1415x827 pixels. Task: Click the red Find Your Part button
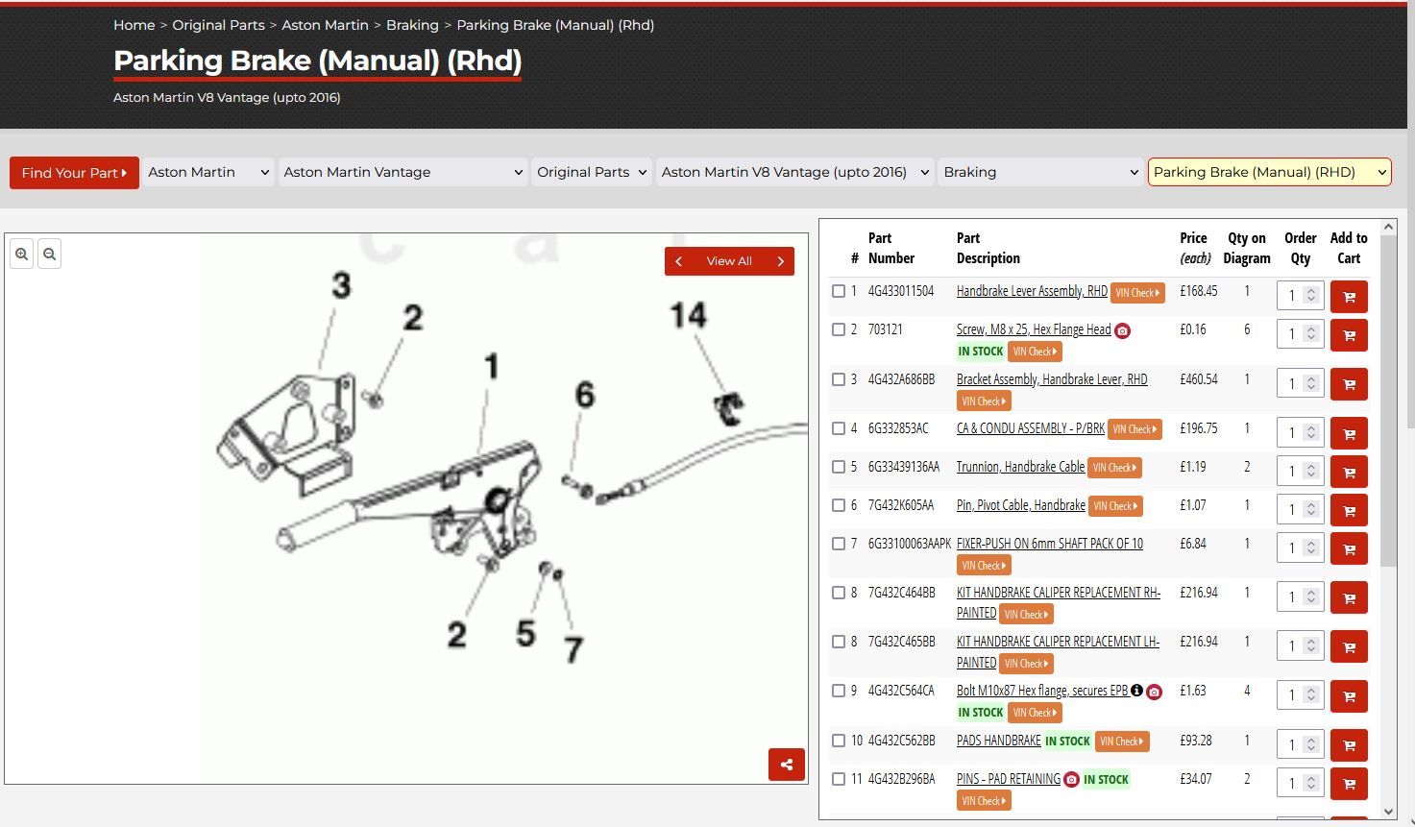[x=74, y=173]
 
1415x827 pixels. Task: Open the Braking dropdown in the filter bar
[x=1040, y=172]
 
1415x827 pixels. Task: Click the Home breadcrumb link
[x=134, y=25]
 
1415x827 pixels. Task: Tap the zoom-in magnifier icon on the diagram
[x=21, y=254]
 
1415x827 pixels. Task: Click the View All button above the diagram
[x=729, y=261]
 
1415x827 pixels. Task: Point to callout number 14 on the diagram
[x=688, y=315]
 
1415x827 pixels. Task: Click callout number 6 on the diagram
[x=585, y=394]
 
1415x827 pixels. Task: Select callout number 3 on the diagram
[x=341, y=285]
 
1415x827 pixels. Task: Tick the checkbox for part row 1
[x=839, y=291]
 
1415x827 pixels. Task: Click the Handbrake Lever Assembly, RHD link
[x=1032, y=291]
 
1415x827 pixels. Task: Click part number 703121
[x=885, y=329]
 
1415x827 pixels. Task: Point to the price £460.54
[x=1198, y=379]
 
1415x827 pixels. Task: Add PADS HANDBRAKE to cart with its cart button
[x=1349, y=745]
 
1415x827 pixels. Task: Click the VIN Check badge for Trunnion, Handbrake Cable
[x=1114, y=468]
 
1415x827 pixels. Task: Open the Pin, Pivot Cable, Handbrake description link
[x=1021, y=505]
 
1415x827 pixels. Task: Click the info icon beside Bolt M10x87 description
[x=1136, y=690]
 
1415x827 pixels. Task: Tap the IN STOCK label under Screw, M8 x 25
[x=981, y=352]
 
